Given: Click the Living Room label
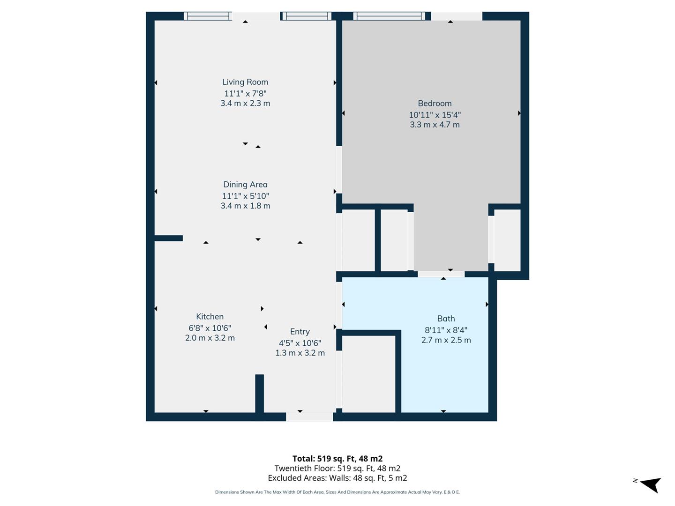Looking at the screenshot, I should pos(245,82).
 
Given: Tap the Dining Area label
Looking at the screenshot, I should pos(245,185).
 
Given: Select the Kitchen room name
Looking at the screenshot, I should pos(210,317).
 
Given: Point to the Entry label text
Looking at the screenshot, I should pos(300,332).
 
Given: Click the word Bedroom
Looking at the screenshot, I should pos(435,104).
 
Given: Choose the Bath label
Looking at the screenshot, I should pos(446,319).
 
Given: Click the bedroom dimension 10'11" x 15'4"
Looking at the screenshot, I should pos(435,115).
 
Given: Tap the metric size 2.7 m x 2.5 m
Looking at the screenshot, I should pos(446,340).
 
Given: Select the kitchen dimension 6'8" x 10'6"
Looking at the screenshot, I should pos(210,328).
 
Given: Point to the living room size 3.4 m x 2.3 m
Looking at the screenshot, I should pos(245,103).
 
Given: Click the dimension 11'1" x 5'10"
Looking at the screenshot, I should pos(245,196).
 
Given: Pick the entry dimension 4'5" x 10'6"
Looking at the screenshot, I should pos(300,343).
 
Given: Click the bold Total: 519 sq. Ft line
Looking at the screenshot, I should pos(337,459).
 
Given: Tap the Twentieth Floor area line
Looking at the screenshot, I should pos(337,468).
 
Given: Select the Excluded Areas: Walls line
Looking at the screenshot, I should pos(337,478).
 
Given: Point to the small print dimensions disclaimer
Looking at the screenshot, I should pos(337,492).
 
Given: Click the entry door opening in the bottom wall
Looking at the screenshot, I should pos(309,417).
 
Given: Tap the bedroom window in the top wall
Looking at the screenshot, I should pos(390,16).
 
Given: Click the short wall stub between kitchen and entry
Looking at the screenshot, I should pos(259,394).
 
